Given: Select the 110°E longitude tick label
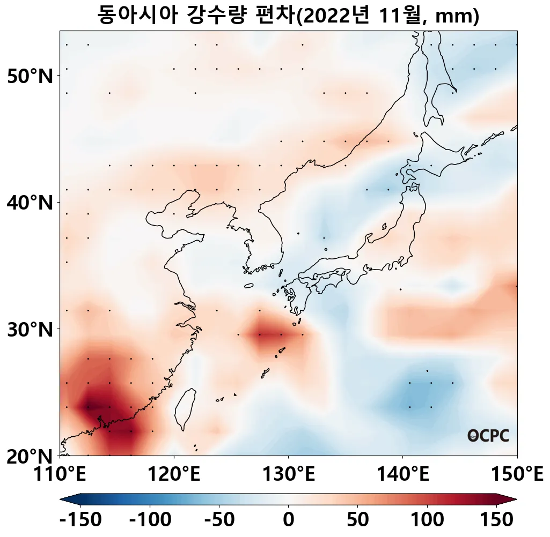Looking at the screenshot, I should point(60,474).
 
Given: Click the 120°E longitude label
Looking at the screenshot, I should point(174,474).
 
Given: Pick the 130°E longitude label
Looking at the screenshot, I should point(288,474).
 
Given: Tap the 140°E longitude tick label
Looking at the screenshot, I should point(402,474).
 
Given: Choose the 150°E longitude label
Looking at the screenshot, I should point(517,474).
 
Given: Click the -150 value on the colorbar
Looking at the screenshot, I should point(80,519).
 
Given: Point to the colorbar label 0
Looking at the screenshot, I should point(288,519).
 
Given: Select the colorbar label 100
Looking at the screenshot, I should point(427,519).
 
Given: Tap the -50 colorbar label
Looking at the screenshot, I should point(219,519).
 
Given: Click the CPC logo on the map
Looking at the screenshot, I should point(488,435).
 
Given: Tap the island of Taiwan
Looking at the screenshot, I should point(185,407).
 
